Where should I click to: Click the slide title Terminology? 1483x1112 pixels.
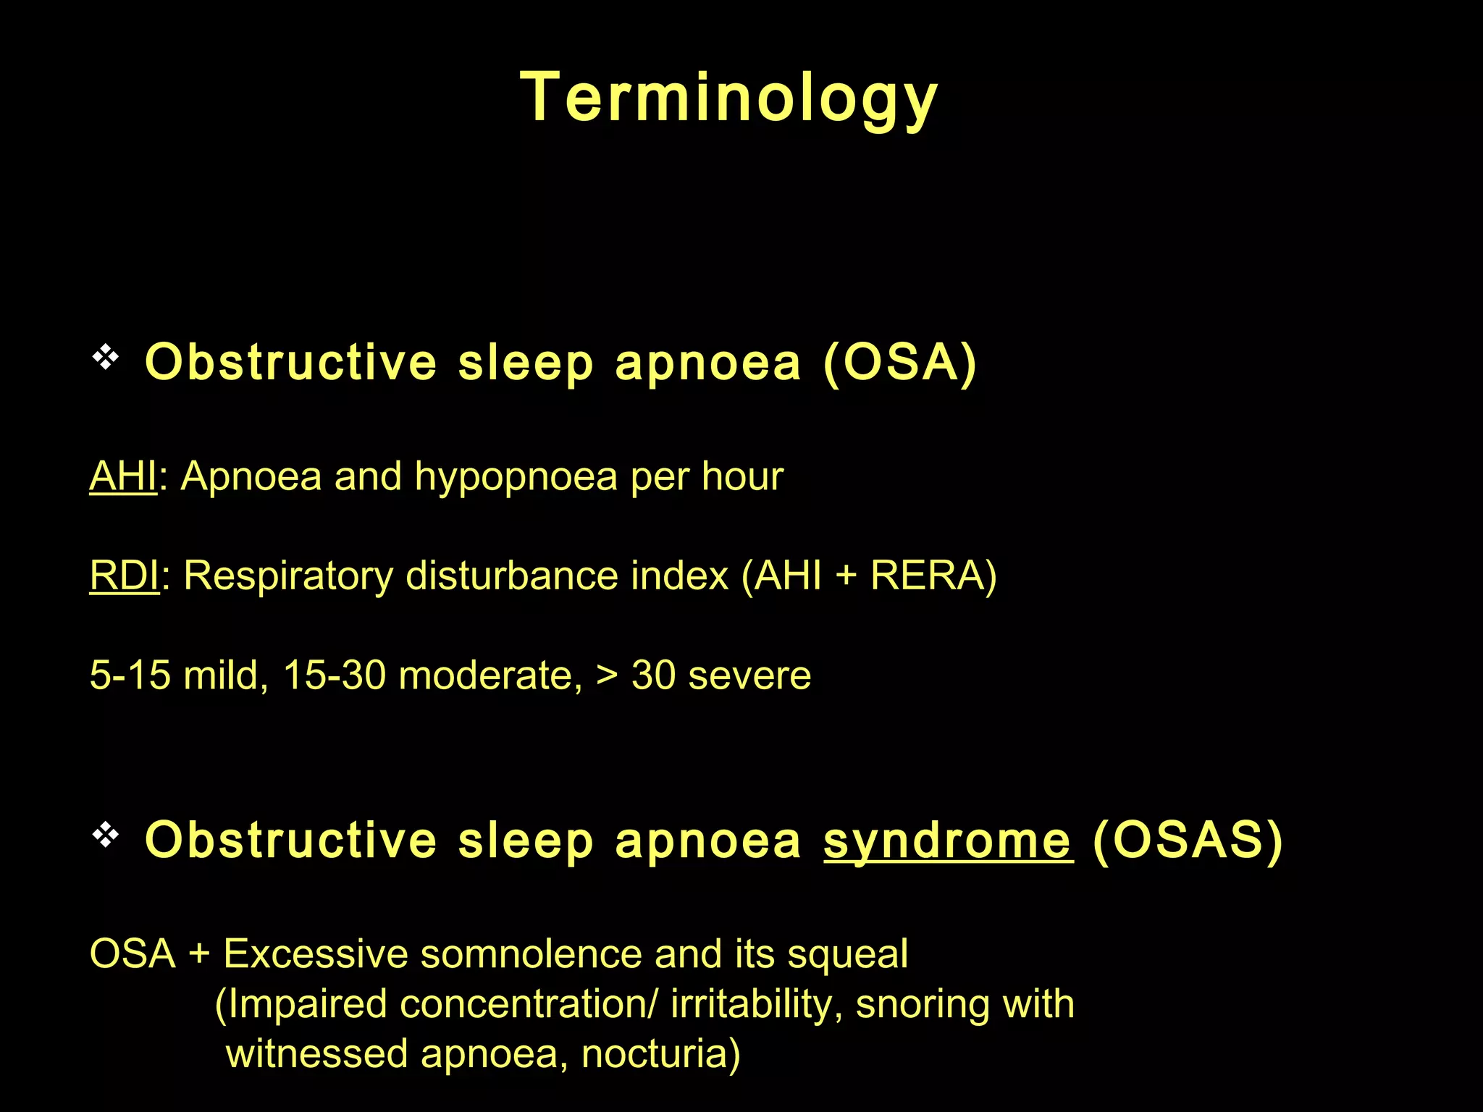click(x=729, y=98)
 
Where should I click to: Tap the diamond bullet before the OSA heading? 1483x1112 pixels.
click(x=106, y=358)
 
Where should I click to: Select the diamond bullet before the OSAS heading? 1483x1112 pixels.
click(x=106, y=835)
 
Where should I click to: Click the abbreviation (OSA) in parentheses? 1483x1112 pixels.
click(x=900, y=362)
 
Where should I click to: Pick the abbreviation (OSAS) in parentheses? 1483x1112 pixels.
click(x=1188, y=840)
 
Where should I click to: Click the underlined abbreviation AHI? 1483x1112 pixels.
click(x=123, y=477)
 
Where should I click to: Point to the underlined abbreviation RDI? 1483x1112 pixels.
click(x=124, y=576)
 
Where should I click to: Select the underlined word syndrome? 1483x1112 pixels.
click(x=948, y=841)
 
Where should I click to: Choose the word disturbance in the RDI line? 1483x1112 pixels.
click(x=513, y=576)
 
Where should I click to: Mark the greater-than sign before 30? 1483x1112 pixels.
click(x=607, y=676)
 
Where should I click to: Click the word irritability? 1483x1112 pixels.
click(x=752, y=1005)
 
